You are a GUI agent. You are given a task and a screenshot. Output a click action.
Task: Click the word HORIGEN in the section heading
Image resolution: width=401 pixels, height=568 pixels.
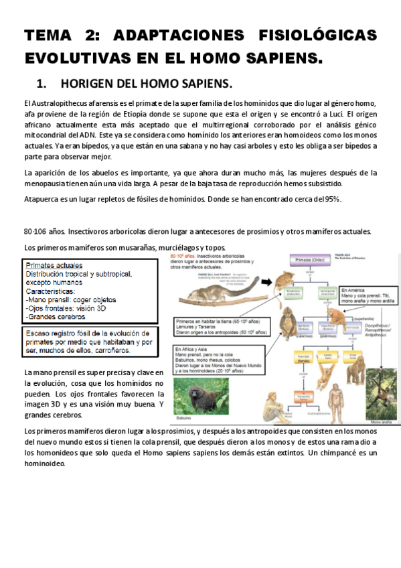(91, 84)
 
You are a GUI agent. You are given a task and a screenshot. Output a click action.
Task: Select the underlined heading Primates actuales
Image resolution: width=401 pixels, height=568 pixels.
(54, 265)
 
